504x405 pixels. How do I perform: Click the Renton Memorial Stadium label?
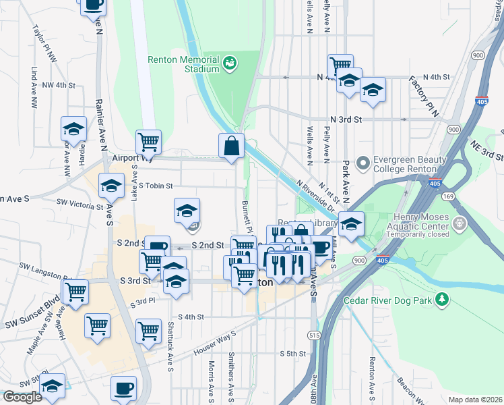[x=183, y=63]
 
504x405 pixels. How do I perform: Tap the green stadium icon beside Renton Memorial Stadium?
[x=230, y=63]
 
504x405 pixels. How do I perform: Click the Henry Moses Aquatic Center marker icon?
[x=461, y=223]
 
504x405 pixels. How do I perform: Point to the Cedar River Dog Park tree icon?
[x=442, y=299]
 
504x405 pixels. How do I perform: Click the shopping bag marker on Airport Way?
[x=231, y=144]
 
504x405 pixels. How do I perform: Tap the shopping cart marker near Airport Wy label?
[x=148, y=142]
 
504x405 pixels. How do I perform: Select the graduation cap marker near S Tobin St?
[x=111, y=186]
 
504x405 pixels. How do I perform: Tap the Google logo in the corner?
[x=22, y=397]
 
